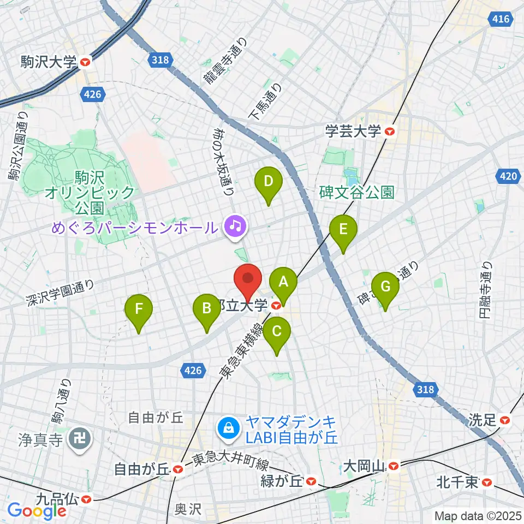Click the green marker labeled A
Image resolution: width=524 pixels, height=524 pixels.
coord(283,282)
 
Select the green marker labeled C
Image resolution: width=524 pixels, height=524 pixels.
coord(277,331)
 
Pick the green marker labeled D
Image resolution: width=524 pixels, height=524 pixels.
coord(268,181)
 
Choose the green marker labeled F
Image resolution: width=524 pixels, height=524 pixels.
coord(139,309)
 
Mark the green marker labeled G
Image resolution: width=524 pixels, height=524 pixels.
coord(385,286)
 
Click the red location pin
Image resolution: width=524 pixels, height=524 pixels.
coord(248,279)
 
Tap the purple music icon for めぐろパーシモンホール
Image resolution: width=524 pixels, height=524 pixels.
coord(236,224)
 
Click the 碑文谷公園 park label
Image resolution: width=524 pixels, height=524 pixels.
coord(357,192)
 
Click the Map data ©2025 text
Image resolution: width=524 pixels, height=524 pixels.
coord(478,515)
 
